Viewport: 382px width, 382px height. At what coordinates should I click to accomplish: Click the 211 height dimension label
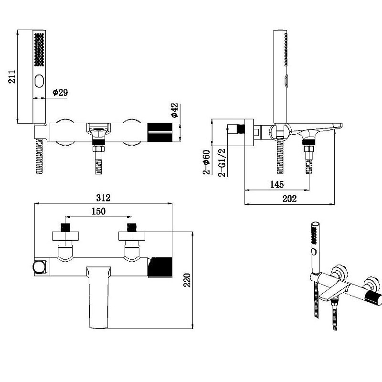click(x=13, y=76)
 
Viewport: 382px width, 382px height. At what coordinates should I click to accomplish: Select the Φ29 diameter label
click(x=60, y=93)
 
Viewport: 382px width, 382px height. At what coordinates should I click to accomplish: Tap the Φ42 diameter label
click(x=174, y=110)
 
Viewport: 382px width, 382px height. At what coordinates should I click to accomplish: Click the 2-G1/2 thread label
click(x=222, y=162)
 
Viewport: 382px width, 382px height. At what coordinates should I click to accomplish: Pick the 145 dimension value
click(x=276, y=184)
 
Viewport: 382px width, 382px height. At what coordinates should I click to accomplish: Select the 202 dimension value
click(x=289, y=199)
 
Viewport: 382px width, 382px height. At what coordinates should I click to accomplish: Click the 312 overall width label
click(x=103, y=198)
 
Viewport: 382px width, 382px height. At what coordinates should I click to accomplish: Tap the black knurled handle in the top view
click(x=160, y=265)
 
